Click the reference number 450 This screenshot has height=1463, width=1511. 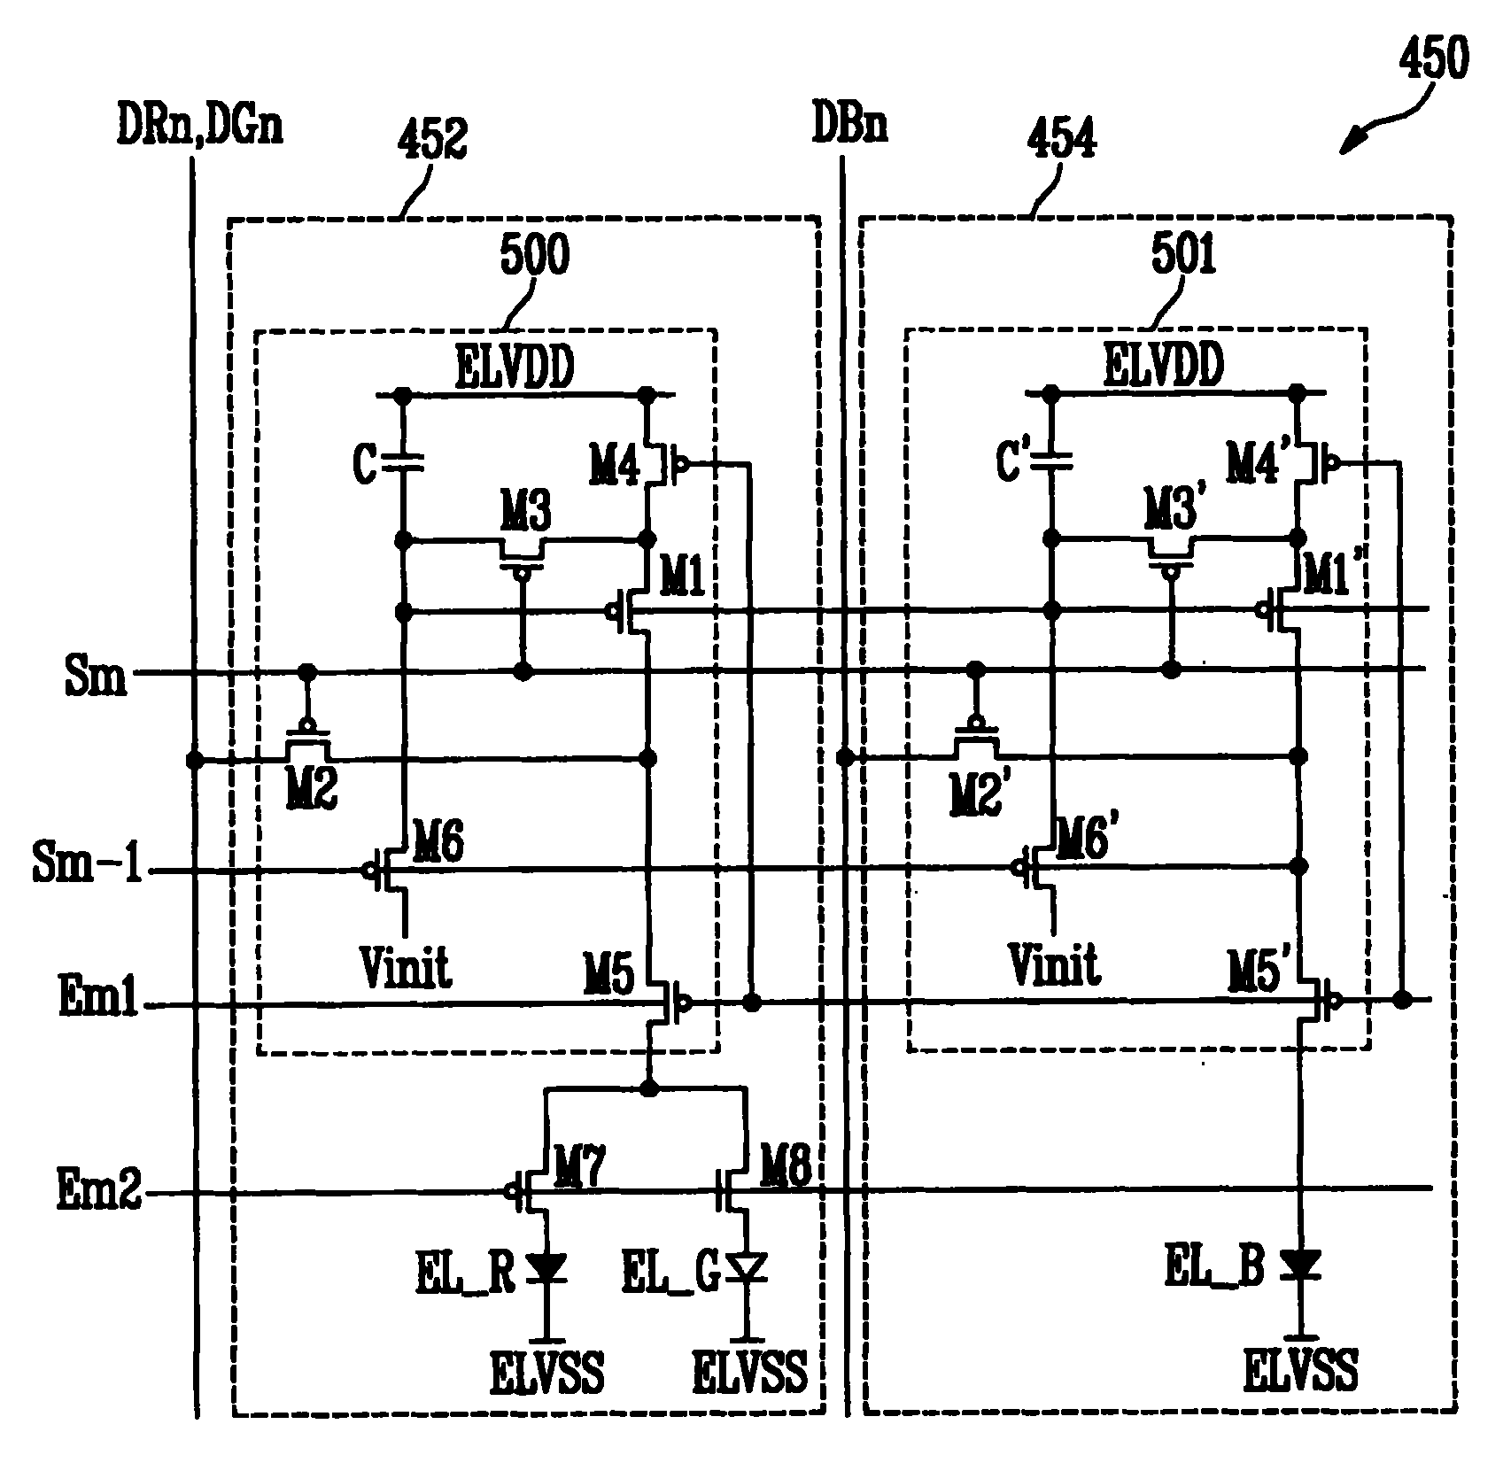tap(1432, 60)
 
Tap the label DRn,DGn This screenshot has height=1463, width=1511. tap(199, 127)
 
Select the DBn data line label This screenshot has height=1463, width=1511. tap(850, 127)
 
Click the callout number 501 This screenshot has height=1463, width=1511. tap(1183, 256)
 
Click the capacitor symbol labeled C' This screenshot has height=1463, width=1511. tap(1052, 460)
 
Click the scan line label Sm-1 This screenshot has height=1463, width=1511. tap(88, 865)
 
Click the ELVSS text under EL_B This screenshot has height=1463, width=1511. tap(1300, 1368)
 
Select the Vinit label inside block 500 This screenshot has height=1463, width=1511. tap(406, 966)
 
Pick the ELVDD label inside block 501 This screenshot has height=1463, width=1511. tap(1164, 365)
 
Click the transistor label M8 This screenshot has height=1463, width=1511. tap(785, 1173)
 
